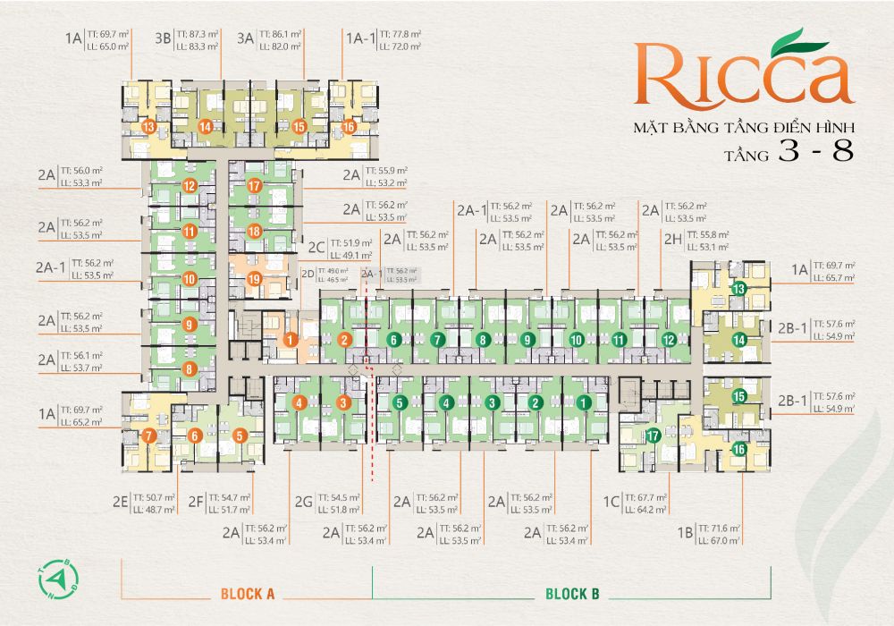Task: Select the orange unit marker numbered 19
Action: tap(254, 280)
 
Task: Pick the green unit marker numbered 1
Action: tap(582, 403)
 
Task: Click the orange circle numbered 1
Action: tap(291, 339)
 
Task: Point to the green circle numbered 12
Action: tap(668, 340)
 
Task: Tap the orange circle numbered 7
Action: tap(150, 436)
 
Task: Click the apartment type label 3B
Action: tap(163, 38)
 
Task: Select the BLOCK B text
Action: tap(571, 594)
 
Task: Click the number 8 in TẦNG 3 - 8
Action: tap(842, 152)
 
